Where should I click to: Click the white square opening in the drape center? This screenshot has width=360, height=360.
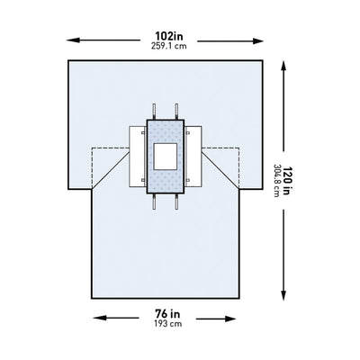coord(165,157)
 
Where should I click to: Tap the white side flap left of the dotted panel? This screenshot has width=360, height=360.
coord(136,154)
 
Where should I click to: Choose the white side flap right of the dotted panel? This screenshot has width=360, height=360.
coord(193,154)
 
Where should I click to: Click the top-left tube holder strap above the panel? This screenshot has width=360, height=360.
coord(154,110)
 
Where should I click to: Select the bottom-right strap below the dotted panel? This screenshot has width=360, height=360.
coord(176,202)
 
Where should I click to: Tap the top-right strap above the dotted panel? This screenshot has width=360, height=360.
coord(176,110)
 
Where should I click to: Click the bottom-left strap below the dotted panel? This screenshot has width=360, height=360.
coord(154,202)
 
